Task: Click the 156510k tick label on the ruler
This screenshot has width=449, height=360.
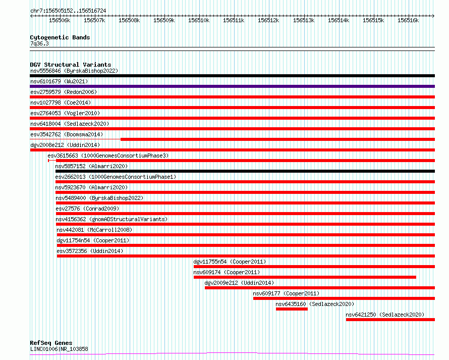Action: (199, 20)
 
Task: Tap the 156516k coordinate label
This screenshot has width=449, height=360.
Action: (408, 20)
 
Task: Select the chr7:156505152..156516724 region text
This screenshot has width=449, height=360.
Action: (68, 11)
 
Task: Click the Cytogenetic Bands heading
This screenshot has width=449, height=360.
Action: (60, 37)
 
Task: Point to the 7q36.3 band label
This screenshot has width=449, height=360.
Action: (39, 43)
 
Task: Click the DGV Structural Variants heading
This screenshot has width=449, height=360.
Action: (71, 65)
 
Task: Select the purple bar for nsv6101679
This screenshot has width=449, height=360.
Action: (232, 86)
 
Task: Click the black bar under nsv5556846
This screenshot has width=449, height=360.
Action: (232, 76)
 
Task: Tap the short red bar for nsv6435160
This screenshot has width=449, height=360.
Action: (292, 309)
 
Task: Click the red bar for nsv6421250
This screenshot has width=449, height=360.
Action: (390, 320)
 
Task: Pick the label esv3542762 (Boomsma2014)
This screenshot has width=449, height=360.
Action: (67, 134)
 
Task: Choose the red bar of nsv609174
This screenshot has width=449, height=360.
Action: (305, 277)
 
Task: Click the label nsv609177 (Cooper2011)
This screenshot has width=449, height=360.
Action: (286, 293)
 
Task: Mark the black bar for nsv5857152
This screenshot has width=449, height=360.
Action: (245, 171)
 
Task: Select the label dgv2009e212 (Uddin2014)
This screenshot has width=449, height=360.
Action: (239, 283)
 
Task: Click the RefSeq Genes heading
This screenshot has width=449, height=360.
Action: (51, 343)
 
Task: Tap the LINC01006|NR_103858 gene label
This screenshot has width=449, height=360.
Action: (59, 349)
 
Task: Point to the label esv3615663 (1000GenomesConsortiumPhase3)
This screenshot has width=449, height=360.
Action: (108, 156)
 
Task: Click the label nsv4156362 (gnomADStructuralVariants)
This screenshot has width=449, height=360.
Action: (111, 219)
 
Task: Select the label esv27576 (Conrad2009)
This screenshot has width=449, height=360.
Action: (87, 209)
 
